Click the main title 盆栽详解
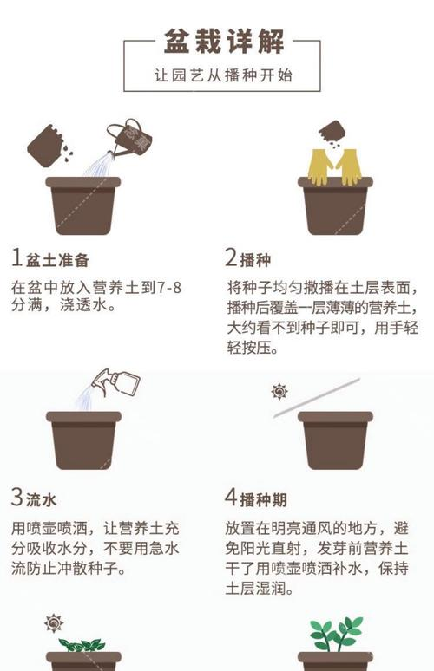pos(224,40)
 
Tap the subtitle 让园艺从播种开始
pos(224,75)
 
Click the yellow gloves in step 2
pos(334,166)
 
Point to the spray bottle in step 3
pos(118,382)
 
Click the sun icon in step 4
pos(279,392)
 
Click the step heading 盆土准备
pos(58,259)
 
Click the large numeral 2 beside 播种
pos(231,258)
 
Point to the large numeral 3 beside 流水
pos(16,499)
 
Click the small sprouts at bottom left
pos(83,644)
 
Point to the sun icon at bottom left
pos(54,622)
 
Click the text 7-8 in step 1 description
pos(177,288)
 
